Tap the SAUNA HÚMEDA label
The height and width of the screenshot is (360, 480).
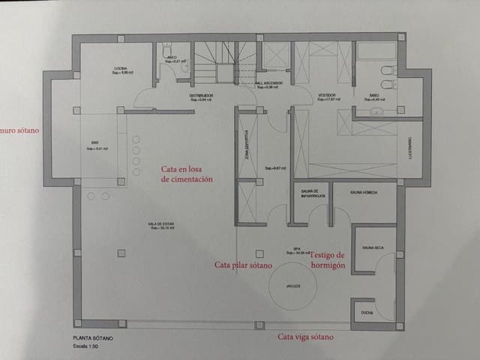[363, 193]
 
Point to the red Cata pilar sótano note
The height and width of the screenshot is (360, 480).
[242, 265]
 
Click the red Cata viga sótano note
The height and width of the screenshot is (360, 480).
[306, 337]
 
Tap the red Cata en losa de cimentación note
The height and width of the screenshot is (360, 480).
[187, 174]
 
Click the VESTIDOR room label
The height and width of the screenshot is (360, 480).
[326, 96]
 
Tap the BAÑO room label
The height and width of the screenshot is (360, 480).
[376, 96]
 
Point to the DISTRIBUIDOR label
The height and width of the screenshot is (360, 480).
[201, 97]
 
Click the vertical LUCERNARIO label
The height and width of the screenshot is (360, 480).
[410, 148]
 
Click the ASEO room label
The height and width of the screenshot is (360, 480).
[171, 56]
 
